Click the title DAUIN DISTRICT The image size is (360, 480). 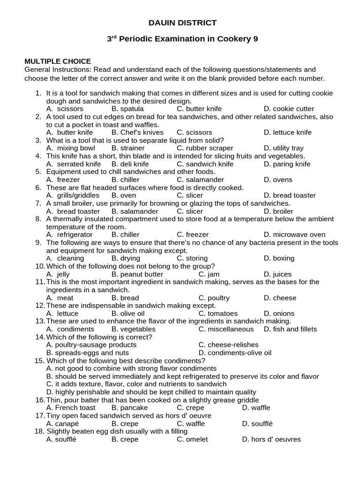182,22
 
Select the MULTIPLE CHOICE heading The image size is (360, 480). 58,61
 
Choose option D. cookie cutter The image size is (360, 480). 289,109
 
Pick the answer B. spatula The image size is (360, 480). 127,109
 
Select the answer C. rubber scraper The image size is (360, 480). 205,148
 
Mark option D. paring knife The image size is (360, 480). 287,164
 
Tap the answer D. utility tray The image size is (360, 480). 284,148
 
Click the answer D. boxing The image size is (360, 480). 279,258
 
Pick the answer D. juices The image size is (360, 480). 277,274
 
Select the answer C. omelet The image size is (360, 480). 192,439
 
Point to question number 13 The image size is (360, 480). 39,321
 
